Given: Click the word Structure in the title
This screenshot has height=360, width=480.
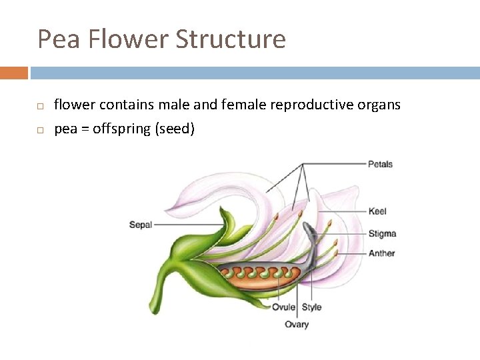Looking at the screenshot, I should pyautogui.click(x=231, y=39).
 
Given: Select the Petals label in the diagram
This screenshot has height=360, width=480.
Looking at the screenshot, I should pyautogui.click(x=380, y=164).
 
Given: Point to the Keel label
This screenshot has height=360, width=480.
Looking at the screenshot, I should pyautogui.click(x=377, y=211).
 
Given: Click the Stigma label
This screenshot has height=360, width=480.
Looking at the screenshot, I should pyautogui.click(x=382, y=233).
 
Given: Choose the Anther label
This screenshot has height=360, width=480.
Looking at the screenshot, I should pyautogui.click(x=381, y=253).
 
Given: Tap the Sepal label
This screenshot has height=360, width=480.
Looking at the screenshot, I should pyautogui.click(x=141, y=225).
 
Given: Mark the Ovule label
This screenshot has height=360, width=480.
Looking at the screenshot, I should pyautogui.click(x=283, y=307).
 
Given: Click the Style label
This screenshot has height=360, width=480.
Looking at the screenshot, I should pyautogui.click(x=311, y=307).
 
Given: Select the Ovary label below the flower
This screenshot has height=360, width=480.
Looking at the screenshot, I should pyautogui.click(x=297, y=325).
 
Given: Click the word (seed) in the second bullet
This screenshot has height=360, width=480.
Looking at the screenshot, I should pyautogui.click(x=175, y=129).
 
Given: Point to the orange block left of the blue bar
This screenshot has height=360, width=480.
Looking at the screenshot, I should pyautogui.click(x=14, y=73).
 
